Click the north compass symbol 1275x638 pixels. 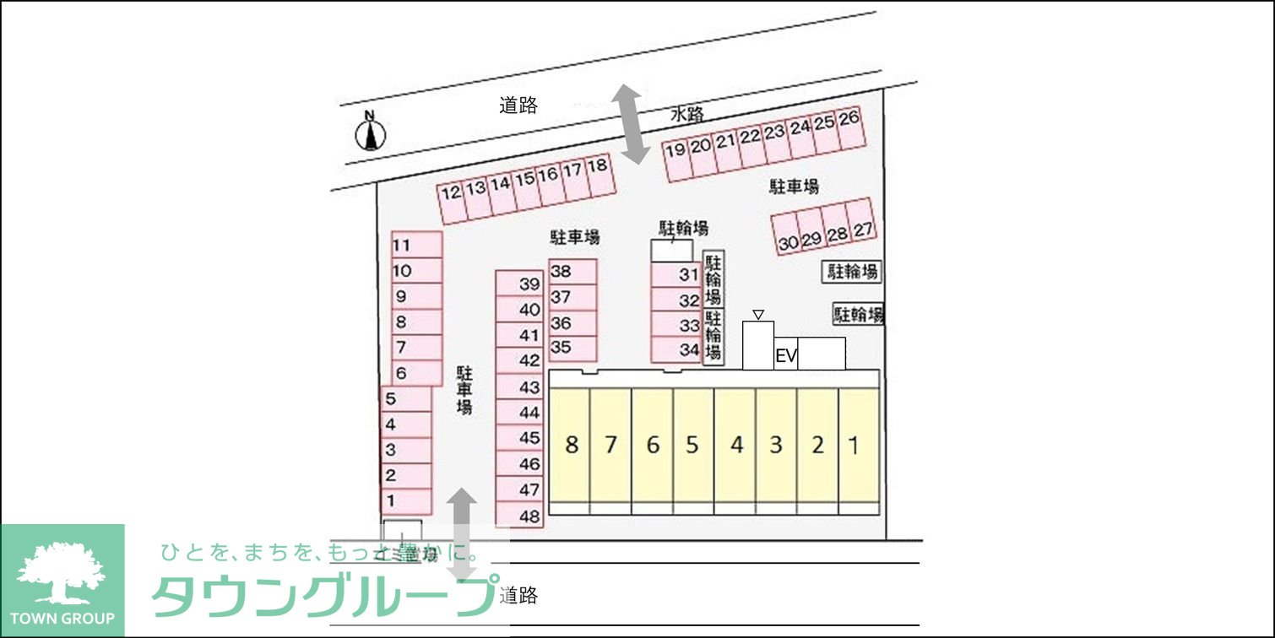(369, 132)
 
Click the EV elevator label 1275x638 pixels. (786, 357)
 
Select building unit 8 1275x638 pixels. (572, 445)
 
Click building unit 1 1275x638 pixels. (854, 445)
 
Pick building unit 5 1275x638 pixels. (692, 445)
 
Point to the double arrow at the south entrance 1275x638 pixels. (461, 533)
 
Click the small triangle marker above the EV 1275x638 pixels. (758, 315)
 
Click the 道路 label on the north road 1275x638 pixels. (518, 105)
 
